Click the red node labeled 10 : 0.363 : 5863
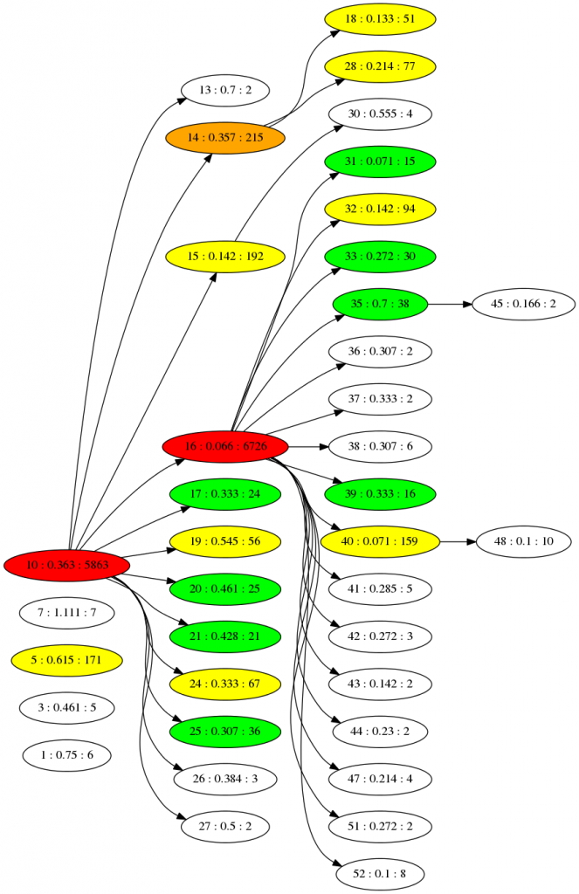pos(67,566)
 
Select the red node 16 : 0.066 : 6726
pos(225,447)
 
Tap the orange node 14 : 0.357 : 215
pos(225,137)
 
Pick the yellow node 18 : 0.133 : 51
pos(380,18)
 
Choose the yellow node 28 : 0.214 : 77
pos(380,66)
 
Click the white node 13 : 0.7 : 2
pos(225,90)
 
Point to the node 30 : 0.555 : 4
pos(380,113)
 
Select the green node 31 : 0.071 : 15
pos(380,162)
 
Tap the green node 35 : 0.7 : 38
pos(380,304)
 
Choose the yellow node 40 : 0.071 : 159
pos(380,542)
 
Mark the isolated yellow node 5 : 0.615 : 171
pos(67,660)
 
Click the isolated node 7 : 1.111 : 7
pos(67,613)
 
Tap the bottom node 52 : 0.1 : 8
pos(380,873)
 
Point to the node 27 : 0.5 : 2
pos(225,826)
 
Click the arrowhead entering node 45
pos(465,304)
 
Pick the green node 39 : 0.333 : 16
pos(380,494)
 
